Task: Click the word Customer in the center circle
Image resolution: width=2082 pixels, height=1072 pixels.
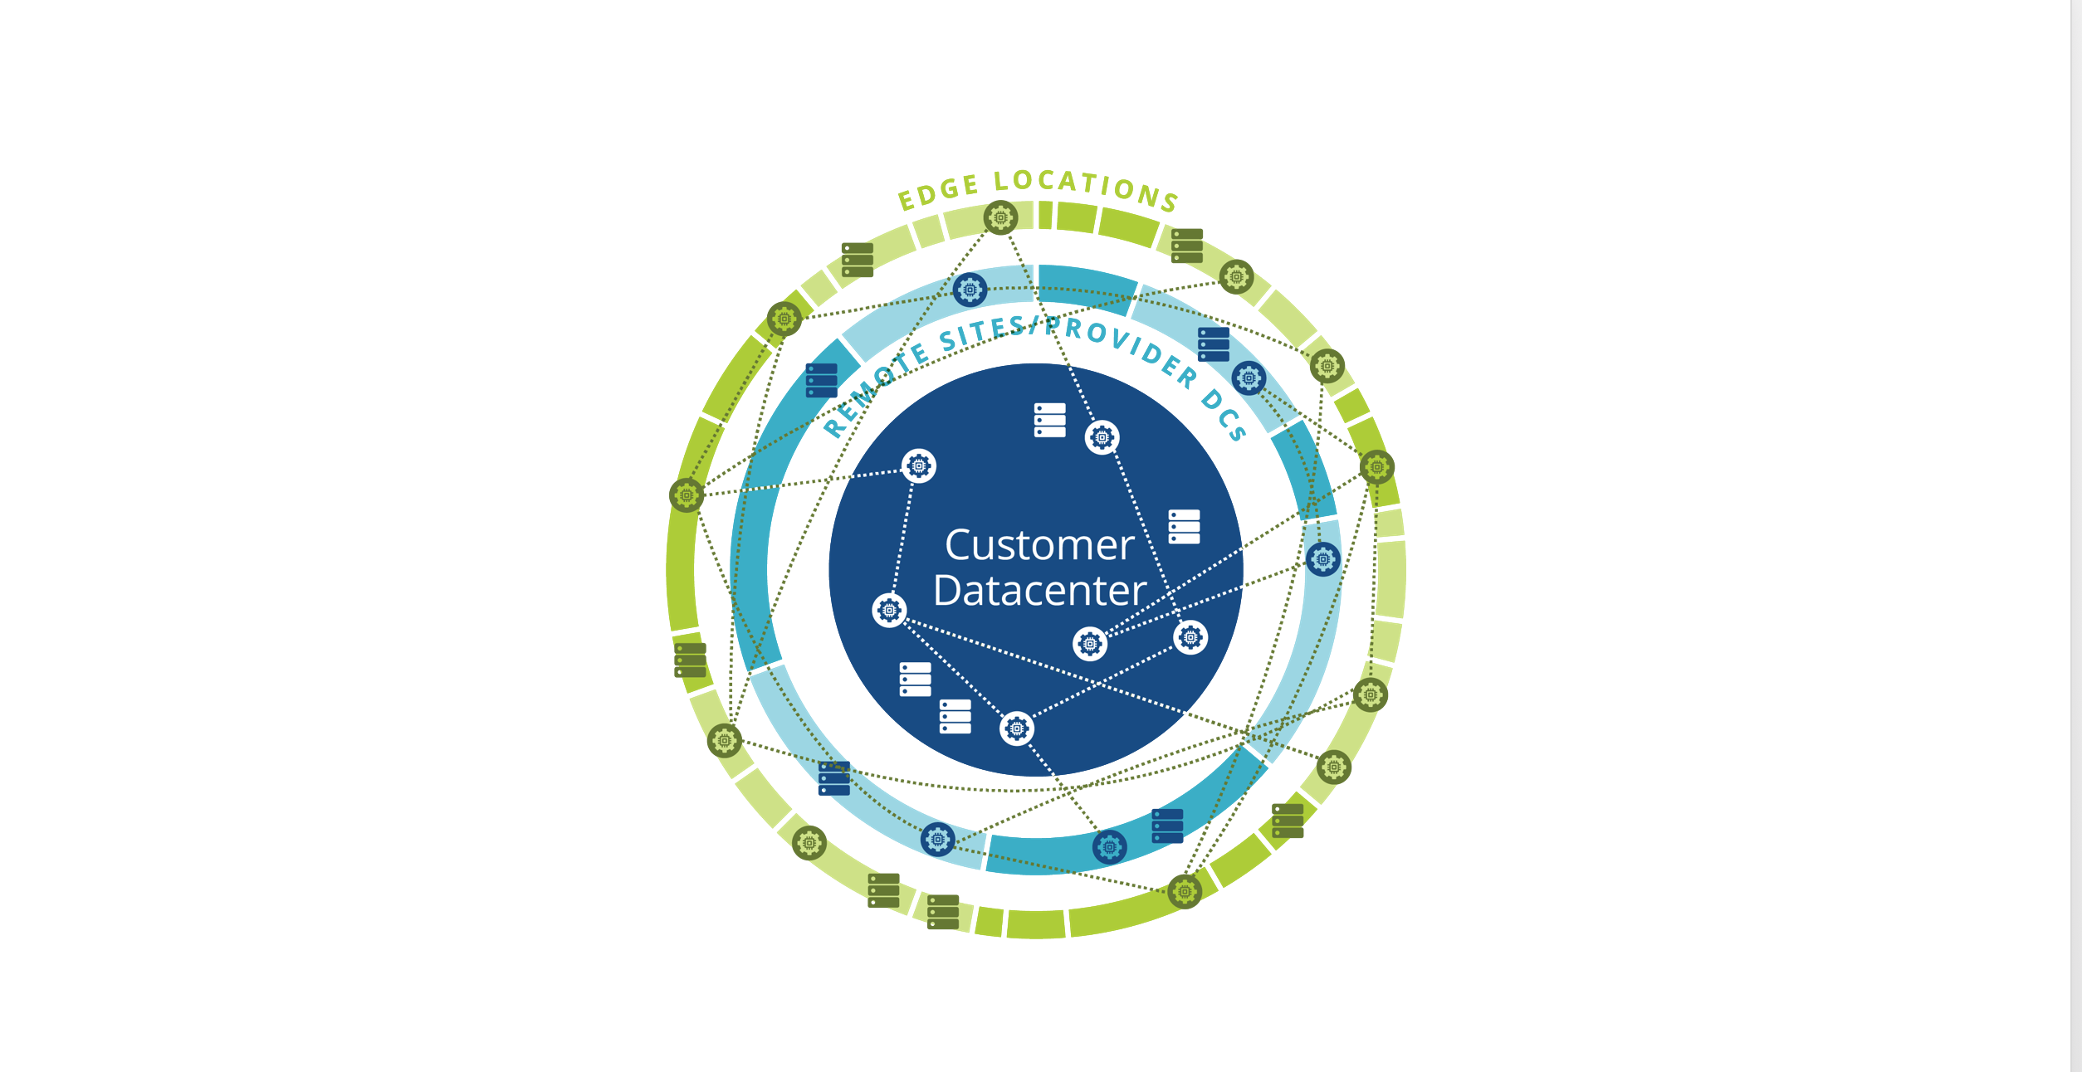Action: pos(1039,546)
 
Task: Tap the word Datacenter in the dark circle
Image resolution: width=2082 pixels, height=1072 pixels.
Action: pos(1039,591)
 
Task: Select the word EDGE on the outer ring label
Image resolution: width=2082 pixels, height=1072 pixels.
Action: pos(939,192)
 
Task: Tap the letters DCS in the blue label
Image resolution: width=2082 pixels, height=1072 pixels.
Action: pos(1224,414)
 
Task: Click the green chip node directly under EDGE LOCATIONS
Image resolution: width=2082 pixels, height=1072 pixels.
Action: pos(1000,218)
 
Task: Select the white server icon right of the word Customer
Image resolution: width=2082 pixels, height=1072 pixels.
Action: pos(1184,527)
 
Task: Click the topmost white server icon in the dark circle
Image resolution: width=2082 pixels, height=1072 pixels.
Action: pos(1049,420)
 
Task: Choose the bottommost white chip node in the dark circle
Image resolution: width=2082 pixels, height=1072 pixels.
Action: pos(1017,728)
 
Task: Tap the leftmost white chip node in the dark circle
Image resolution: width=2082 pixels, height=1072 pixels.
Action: pos(889,611)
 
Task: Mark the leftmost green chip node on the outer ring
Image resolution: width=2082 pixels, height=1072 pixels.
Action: pos(687,495)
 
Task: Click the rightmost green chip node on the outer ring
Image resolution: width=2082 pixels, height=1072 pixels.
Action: pos(1376,468)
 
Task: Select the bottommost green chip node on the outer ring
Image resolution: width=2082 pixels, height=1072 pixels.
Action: pos(1185,892)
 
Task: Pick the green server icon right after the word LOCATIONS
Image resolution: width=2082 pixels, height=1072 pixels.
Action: pos(1187,246)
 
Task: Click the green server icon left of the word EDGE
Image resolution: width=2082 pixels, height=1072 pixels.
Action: pos(858,260)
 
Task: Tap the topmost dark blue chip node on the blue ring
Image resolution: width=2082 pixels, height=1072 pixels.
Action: pos(970,290)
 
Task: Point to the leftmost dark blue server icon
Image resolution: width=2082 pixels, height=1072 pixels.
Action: pos(822,381)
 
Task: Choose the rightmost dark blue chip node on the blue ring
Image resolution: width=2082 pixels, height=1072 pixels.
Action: pos(1322,559)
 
